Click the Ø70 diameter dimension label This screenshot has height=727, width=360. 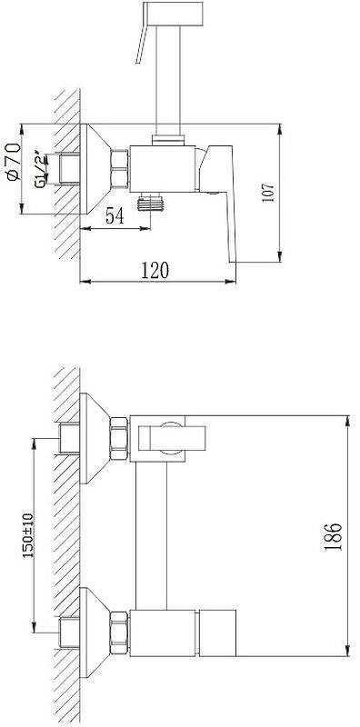click(x=14, y=162)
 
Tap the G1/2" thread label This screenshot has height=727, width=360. click(x=42, y=168)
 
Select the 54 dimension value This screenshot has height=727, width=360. click(x=115, y=216)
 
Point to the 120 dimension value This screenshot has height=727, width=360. click(x=155, y=270)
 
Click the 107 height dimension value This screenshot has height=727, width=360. click(x=269, y=192)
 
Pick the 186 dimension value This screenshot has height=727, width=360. click(x=333, y=536)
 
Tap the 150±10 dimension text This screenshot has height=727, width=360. click(x=28, y=534)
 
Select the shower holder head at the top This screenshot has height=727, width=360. click(x=174, y=14)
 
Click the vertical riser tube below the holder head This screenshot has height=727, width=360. click(x=169, y=80)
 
